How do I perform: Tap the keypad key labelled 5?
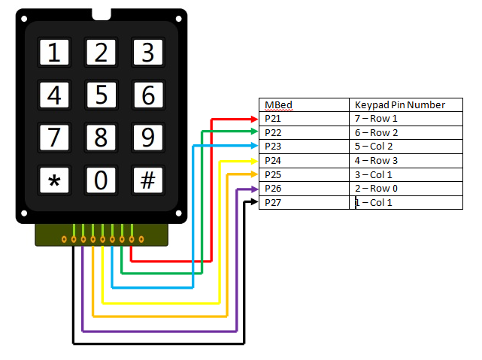click(x=102, y=95)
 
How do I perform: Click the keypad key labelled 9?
click(x=148, y=138)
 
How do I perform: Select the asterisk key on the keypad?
click(x=54, y=181)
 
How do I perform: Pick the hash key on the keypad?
click(x=148, y=181)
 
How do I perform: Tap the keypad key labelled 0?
click(x=102, y=181)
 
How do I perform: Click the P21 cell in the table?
click(x=304, y=119)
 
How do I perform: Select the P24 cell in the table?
click(x=304, y=161)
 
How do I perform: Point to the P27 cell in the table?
click(x=304, y=203)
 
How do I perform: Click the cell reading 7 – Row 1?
click(x=405, y=119)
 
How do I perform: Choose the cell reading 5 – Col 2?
click(x=405, y=147)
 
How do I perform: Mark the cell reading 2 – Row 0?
click(x=405, y=189)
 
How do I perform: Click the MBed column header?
click(x=304, y=104)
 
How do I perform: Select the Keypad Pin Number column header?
click(x=405, y=104)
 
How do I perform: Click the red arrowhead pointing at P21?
click(x=253, y=119)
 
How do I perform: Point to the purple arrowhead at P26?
click(x=253, y=189)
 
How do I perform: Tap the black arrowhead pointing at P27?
click(x=253, y=203)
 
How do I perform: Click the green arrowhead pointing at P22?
click(x=253, y=133)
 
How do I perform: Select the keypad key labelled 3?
click(x=148, y=53)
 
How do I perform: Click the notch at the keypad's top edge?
click(x=102, y=14)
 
